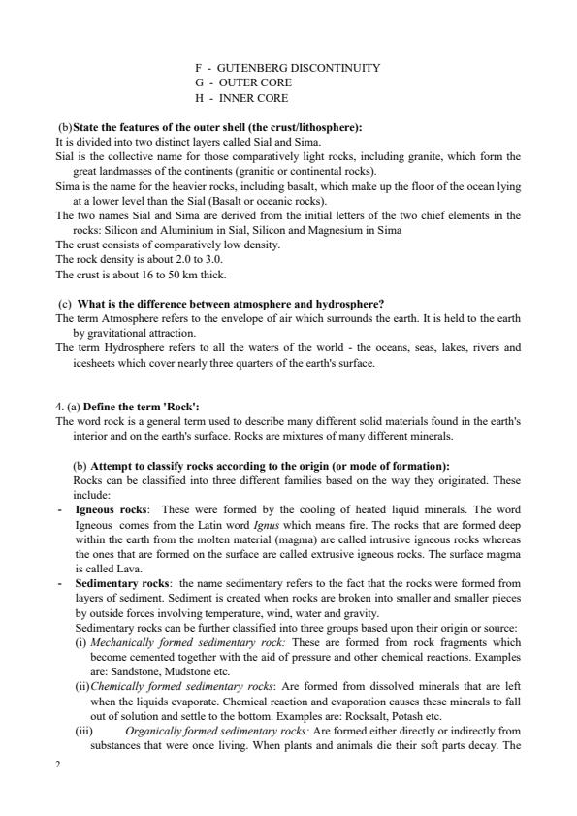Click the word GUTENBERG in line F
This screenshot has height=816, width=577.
point(255,68)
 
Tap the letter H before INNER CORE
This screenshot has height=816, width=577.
point(198,98)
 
